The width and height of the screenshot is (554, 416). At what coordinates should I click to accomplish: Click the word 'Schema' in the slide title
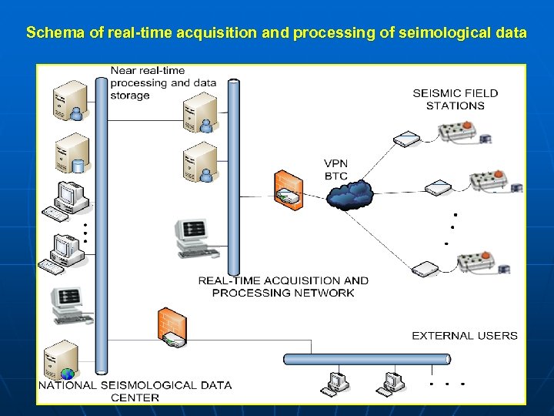point(52,33)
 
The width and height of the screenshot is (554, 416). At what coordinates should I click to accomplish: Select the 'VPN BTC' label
point(335,169)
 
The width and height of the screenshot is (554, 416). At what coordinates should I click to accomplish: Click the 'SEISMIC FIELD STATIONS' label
point(455,99)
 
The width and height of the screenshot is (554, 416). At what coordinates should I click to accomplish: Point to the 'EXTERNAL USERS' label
point(464,336)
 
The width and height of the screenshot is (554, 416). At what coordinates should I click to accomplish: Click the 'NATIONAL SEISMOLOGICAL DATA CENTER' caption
point(135,391)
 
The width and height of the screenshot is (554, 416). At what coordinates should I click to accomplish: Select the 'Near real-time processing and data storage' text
point(162,83)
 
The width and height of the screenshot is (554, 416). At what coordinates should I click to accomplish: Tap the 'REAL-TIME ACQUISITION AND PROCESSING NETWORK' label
point(283,287)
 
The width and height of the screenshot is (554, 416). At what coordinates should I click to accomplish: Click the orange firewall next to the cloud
point(287,188)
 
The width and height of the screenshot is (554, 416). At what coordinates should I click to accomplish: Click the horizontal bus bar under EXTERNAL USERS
point(366,359)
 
